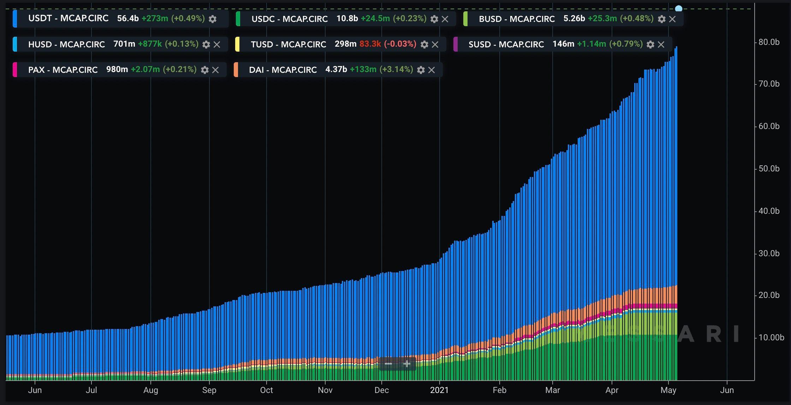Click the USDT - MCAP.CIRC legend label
(68, 18)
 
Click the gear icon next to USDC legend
(434, 19)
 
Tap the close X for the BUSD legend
(672, 19)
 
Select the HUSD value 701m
(124, 44)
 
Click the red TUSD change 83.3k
(370, 44)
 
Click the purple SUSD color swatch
(456, 44)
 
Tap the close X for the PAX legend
(215, 70)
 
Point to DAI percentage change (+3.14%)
(396, 70)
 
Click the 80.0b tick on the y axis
(769, 42)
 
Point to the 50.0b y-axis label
(769, 169)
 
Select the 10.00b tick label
(771, 337)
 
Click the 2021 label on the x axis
(439, 390)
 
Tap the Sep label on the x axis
(209, 390)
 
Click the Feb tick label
(499, 390)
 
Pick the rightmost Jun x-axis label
(727, 390)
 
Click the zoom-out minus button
(388, 364)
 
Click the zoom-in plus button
(407, 364)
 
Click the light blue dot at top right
(678, 8)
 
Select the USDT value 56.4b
(127, 18)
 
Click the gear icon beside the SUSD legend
(650, 45)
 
